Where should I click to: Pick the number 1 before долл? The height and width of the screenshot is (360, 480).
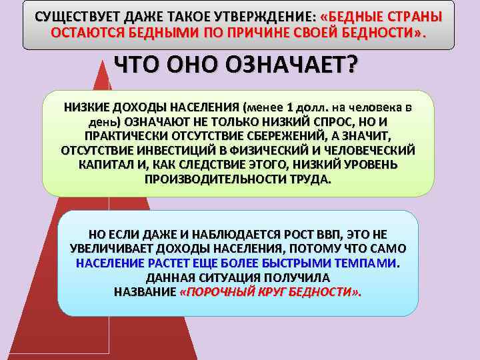point(289,107)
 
